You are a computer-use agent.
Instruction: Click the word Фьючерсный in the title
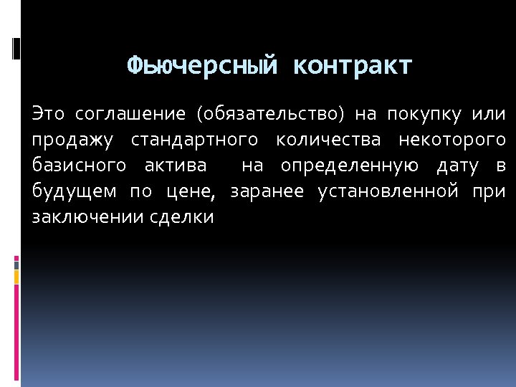click(202, 66)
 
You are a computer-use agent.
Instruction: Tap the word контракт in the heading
click(353, 66)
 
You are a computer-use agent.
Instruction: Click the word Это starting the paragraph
click(48, 114)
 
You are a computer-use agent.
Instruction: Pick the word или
click(489, 114)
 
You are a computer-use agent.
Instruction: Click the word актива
click(175, 166)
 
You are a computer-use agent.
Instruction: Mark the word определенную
click(350, 166)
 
